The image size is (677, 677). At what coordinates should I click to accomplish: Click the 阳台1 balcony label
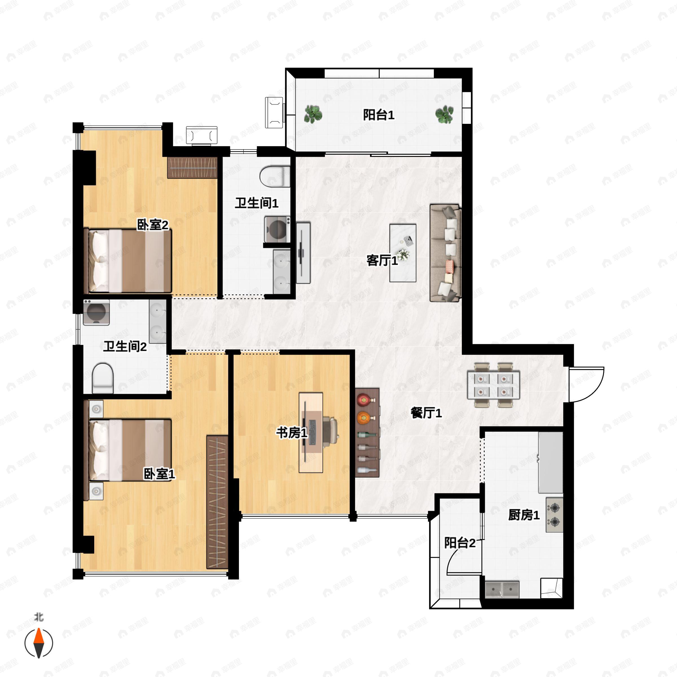tap(379, 115)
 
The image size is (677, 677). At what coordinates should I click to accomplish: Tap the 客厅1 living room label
tap(382, 260)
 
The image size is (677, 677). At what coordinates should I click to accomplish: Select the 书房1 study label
tap(292, 433)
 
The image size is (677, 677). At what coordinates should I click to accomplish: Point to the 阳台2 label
tap(460, 543)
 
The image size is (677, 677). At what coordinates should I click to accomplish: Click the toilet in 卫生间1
tap(275, 176)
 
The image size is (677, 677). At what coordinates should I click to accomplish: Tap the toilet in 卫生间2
tap(103, 378)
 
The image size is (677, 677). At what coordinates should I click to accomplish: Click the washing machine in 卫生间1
tap(278, 230)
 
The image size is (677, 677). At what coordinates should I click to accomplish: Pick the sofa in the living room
tap(445, 253)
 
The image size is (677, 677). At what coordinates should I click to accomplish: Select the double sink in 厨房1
tap(502, 589)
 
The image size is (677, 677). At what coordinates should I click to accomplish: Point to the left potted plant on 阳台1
tap(313, 114)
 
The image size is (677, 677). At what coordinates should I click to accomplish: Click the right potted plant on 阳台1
tap(444, 114)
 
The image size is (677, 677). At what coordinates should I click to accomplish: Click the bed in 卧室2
tap(128, 261)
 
